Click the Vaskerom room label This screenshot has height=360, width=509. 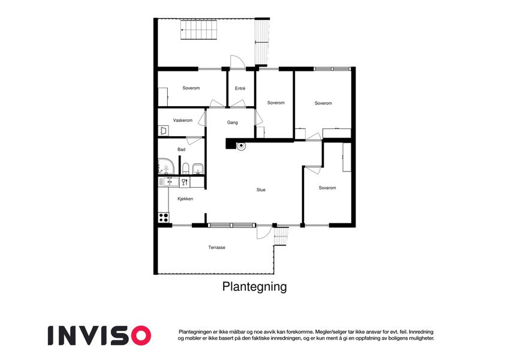(x=183, y=120)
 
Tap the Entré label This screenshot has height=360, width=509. (x=240, y=88)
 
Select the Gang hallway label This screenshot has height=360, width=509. (x=233, y=122)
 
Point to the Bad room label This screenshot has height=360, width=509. (x=182, y=149)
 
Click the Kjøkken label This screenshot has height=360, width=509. (x=185, y=199)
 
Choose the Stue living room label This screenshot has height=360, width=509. (x=261, y=190)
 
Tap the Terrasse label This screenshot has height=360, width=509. (x=217, y=248)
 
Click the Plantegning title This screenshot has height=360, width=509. (x=254, y=287)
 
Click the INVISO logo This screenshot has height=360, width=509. (x=100, y=335)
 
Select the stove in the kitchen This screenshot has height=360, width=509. (x=164, y=217)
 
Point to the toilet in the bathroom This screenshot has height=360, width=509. (x=186, y=169)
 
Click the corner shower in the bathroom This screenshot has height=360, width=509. (x=166, y=166)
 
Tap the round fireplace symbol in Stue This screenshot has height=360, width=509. (x=241, y=146)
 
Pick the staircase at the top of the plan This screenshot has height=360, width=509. (x=199, y=29)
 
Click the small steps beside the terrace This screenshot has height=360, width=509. (x=281, y=236)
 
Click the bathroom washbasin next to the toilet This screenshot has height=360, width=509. (x=198, y=169)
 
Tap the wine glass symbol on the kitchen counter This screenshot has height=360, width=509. (x=185, y=182)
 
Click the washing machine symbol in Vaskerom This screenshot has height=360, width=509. (x=163, y=131)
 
